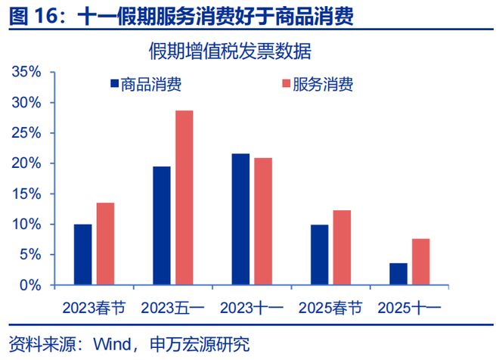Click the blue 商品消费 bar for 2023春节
tap(83, 255)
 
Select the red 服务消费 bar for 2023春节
tap(105, 244)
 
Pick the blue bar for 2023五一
tap(162, 226)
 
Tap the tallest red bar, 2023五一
tap(184, 198)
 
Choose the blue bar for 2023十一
tap(240, 219)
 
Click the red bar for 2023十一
tap(263, 222)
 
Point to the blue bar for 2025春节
tap(319, 255)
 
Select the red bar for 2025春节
tap(342, 248)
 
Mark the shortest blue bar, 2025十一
tap(398, 274)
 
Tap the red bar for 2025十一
tap(420, 262)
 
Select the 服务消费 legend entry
tap(318, 84)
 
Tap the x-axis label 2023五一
tap(173, 308)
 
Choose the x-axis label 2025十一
tap(409, 308)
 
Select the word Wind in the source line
tap(110, 345)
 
